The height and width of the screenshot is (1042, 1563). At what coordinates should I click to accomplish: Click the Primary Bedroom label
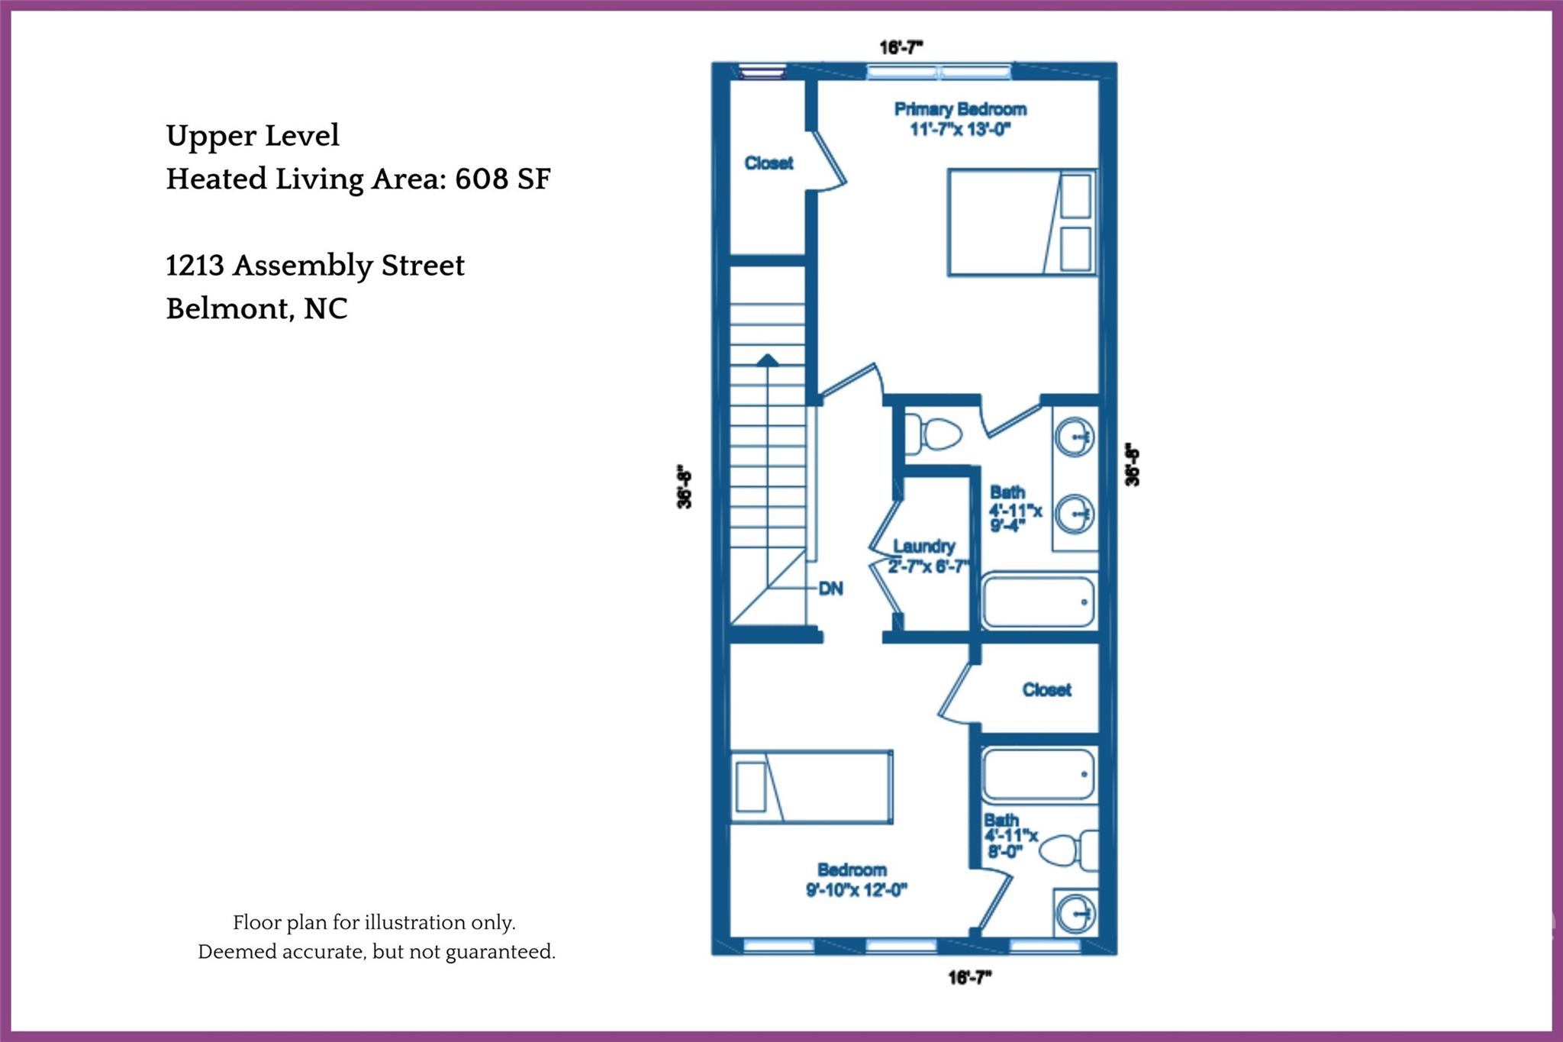[960, 109]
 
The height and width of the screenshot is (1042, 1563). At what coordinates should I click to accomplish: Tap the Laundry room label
[923, 547]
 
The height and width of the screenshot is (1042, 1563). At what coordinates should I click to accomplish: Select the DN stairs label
[830, 589]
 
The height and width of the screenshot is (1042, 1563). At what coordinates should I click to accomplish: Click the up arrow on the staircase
[767, 360]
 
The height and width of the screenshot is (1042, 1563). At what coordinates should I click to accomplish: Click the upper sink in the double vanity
[1075, 437]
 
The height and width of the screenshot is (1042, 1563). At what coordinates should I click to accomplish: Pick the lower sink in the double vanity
[1075, 514]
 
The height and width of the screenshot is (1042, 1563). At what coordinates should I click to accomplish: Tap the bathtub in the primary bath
[1038, 602]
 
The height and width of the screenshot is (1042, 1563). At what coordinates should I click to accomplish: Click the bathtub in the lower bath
[1038, 774]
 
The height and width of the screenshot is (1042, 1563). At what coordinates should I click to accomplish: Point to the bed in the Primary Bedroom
[1021, 222]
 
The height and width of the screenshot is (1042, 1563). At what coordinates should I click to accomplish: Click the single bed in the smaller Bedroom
[811, 787]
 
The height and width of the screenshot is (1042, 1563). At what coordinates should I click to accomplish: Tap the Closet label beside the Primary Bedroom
[769, 163]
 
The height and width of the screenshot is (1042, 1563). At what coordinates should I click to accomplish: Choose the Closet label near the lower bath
[1046, 690]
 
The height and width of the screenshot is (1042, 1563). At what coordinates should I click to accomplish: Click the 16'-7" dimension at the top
[901, 47]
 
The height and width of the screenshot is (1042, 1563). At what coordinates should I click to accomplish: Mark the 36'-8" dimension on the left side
[685, 486]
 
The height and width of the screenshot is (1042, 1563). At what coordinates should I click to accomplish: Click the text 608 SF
[502, 179]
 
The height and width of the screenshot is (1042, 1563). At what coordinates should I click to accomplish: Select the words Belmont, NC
[256, 308]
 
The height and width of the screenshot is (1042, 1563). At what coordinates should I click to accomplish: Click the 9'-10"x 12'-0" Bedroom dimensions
[856, 890]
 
